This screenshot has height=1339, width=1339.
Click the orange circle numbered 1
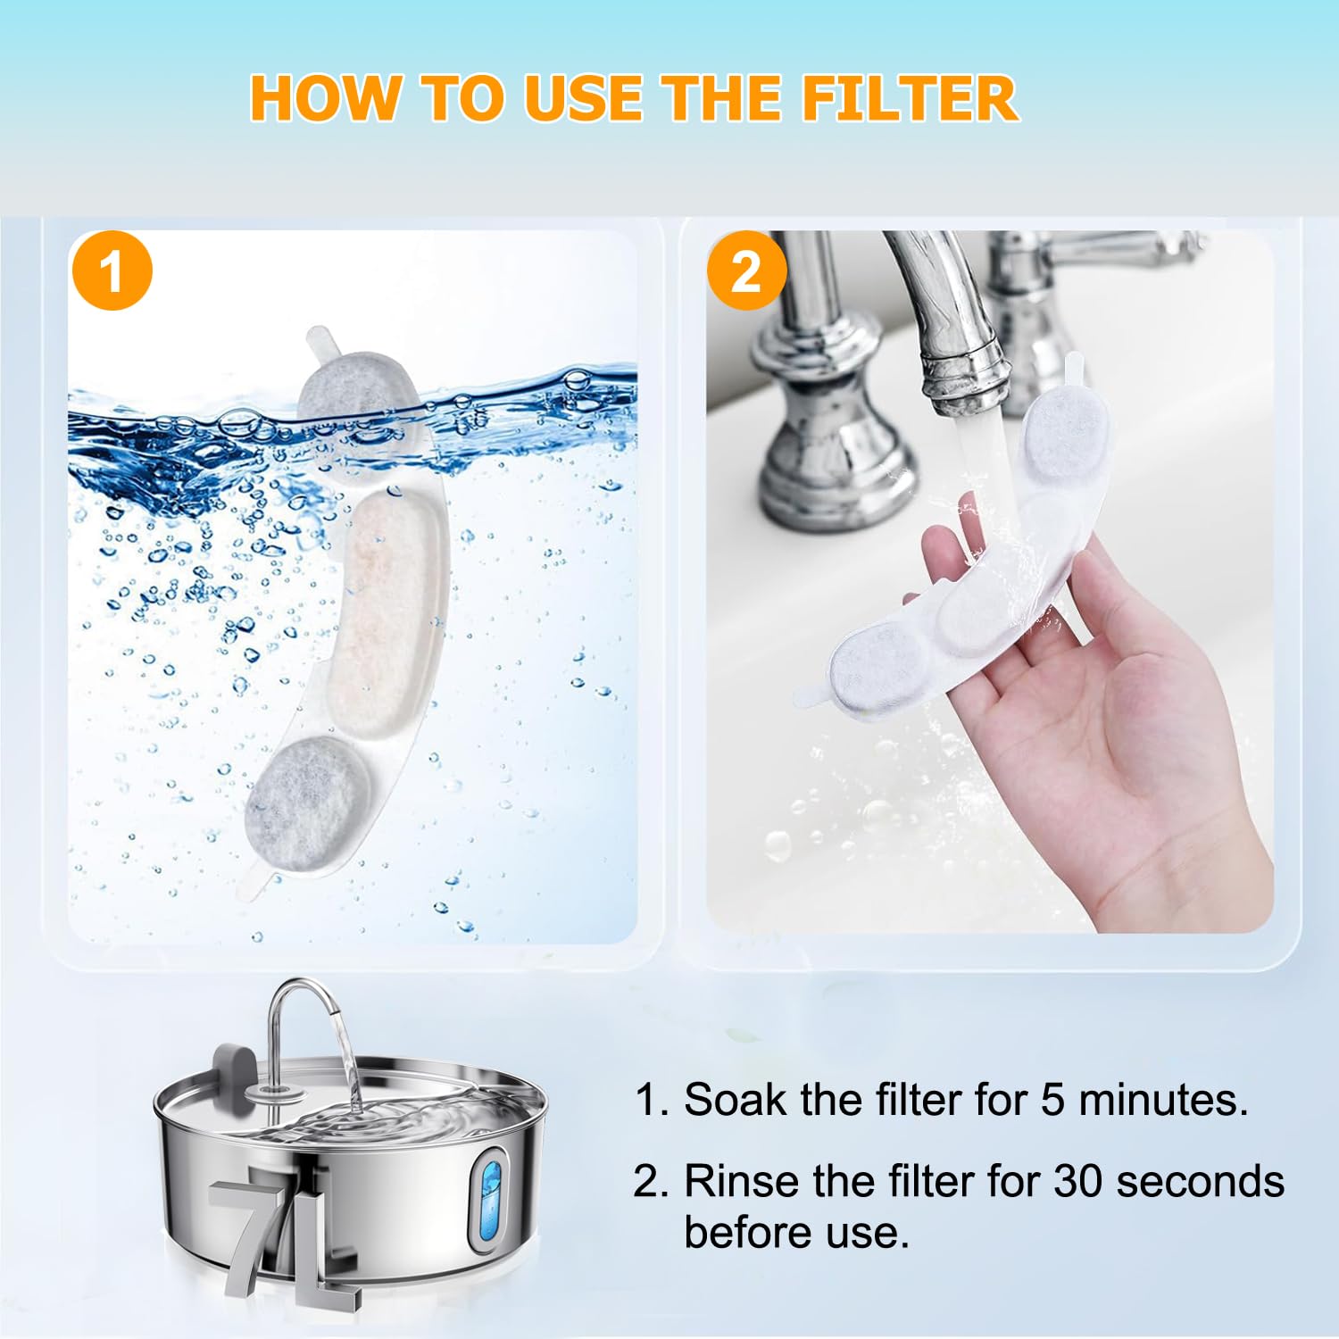tap(112, 270)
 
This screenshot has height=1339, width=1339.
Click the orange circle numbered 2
tap(746, 270)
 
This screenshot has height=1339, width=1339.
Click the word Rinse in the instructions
tap(740, 1182)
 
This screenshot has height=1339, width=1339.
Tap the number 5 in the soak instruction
tap(1052, 1100)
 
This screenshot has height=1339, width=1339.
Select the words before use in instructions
tap(796, 1234)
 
